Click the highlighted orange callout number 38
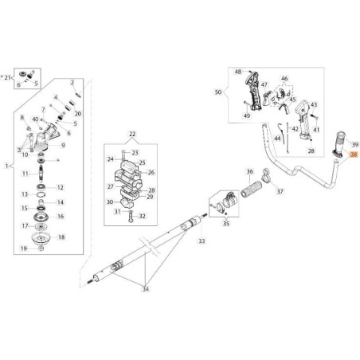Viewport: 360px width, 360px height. (x=354, y=155)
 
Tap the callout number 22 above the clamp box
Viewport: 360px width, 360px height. (x=132, y=135)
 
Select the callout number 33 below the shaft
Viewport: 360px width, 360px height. (x=202, y=241)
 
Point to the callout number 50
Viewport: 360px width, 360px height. (x=218, y=92)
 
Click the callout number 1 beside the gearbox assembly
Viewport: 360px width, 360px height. (x=6, y=166)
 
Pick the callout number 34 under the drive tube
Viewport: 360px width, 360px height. (x=146, y=289)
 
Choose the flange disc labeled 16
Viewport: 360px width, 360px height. (x=41, y=217)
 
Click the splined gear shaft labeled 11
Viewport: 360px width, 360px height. (x=41, y=173)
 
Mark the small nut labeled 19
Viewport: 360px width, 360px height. (x=41, y=248)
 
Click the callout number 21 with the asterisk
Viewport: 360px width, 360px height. (x=6, y=77)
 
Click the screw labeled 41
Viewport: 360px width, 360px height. (x=314, y=117)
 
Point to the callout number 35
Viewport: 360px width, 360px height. (x=225, y=223)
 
